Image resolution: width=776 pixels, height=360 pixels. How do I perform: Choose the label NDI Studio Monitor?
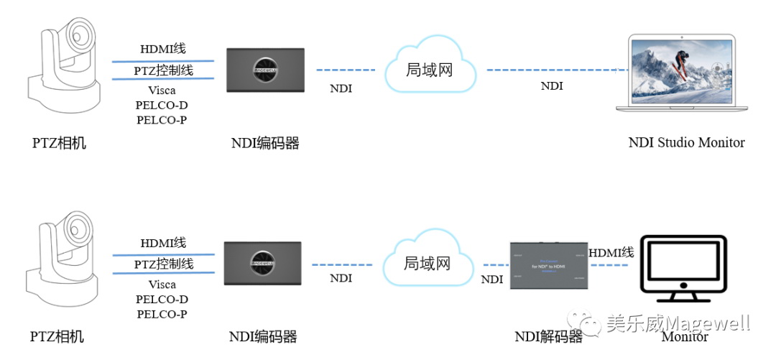pos(686,142)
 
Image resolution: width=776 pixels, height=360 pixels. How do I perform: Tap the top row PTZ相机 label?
pos(59,143)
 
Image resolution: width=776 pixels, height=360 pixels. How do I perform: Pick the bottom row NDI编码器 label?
pos(263,337)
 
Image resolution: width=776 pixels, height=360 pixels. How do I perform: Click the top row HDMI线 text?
pos(163,50)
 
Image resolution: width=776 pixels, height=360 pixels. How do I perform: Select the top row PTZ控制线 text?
pos(163,71)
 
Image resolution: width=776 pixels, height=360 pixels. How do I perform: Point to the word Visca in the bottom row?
pos(162,284)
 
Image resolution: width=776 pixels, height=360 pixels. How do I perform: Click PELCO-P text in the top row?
pos(162,120)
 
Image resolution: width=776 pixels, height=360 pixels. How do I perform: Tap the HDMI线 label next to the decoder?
pos(611,252)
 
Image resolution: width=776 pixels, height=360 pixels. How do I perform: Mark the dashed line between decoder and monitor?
pos(611,265)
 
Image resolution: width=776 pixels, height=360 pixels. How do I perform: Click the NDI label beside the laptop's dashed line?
pos(551,86)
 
